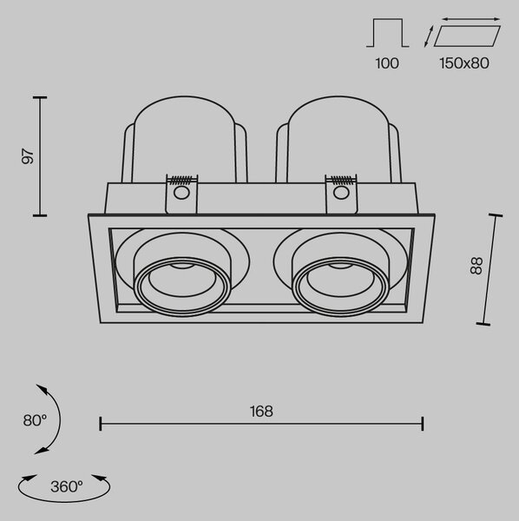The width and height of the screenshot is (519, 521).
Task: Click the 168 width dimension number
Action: point(261,412)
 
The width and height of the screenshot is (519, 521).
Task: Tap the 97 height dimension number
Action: point(28,157)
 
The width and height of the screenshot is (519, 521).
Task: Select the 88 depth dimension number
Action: point(476,266)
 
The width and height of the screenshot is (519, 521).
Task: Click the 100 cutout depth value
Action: point(387,63)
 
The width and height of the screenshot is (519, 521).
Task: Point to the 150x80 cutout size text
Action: point(464,63)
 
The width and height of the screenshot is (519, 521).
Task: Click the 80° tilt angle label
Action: point(35,420)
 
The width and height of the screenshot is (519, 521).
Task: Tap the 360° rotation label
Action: point(67,487)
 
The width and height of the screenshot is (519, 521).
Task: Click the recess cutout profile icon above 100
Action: point(387,33)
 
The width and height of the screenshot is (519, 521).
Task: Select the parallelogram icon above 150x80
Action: point(467,36)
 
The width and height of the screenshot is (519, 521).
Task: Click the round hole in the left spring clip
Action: point(181,193)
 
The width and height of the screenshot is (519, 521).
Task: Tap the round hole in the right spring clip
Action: point(341,193)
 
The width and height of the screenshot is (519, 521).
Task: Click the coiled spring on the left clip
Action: point(181,180)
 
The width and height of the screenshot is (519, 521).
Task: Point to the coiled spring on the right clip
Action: point(341,180)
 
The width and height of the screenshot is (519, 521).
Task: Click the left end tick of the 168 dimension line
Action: point(101,424)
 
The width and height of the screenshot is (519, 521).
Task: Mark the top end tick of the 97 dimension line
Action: point(40,97)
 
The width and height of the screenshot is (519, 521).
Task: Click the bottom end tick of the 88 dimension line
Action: point(483,324)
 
